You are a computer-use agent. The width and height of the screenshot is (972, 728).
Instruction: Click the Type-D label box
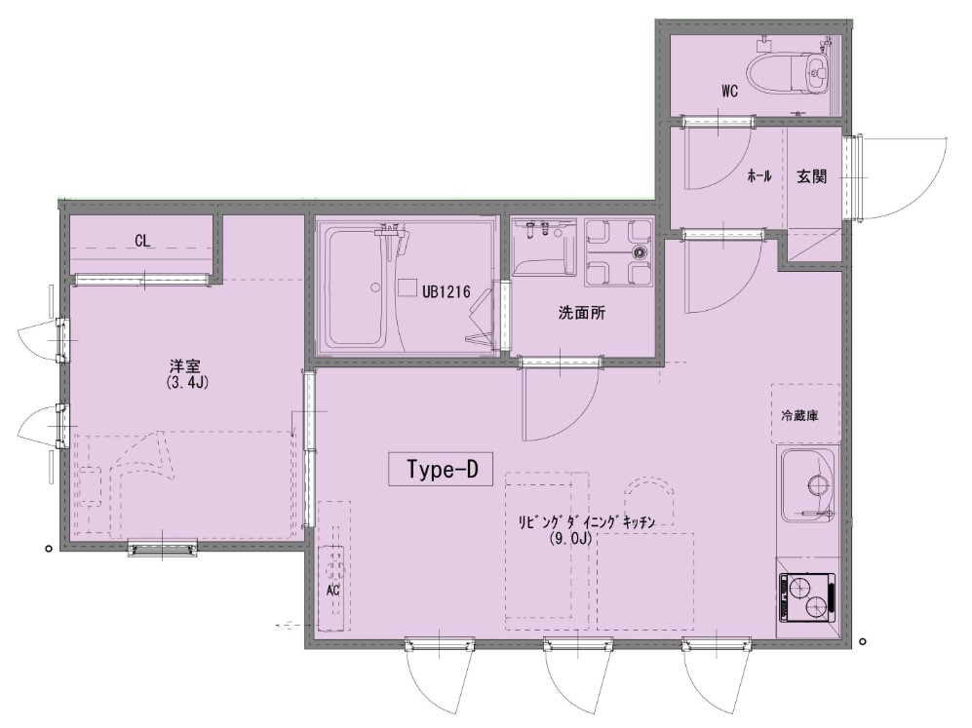coord(440,469)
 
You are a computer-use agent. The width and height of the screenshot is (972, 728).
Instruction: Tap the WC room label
coord(729,91)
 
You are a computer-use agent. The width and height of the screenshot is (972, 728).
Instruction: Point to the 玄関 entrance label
coord(811,176)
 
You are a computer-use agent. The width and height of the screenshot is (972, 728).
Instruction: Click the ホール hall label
coord(759,176)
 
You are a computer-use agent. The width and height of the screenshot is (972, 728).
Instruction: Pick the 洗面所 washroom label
coord(581,313)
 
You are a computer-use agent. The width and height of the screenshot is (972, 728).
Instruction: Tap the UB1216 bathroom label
coord(447,291)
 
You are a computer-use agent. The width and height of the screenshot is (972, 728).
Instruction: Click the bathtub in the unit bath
coord(360,288)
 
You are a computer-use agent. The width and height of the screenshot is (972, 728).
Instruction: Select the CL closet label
coord(142,241)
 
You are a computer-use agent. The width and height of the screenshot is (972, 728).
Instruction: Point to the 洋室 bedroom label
coord(186,365)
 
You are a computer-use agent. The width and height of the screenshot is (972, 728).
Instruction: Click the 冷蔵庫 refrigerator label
coord(799,415)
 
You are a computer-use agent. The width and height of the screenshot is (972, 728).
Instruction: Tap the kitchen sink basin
coord(807,485)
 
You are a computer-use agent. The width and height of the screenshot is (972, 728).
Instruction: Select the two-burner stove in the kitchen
coord(808,596)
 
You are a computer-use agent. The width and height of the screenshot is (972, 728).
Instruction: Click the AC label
coord(332,591)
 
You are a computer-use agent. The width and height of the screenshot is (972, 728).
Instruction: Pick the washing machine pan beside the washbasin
coord(619,251)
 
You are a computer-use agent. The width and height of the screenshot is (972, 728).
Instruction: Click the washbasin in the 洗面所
coord(544,246)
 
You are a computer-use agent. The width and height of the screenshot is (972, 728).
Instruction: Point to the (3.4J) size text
coord(187,382)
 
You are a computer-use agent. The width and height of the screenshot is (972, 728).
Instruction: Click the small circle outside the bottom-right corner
coord(862,642)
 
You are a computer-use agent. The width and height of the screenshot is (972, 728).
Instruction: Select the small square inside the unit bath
coord(408,288)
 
